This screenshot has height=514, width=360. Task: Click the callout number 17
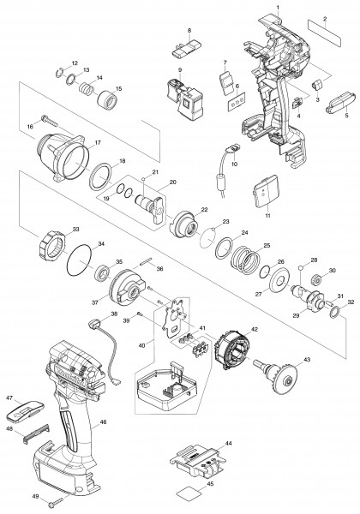pyautogui.click(x=98, y=142)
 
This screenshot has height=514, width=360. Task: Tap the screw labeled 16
pyautogui.click(x=49, y=121)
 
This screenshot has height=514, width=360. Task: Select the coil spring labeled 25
pyautogui.click(x=246, y=260)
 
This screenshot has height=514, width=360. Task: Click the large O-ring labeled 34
pyautogui.click(x=80, y=261)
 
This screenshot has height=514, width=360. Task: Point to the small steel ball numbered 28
pyautogui.click(x=300, y=269)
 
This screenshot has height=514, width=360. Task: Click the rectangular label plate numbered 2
pyautogui.click(x=325, y=33)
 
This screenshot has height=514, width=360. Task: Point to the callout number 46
pyautogui.click(x=103, y=422)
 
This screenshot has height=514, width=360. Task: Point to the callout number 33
pyautogui.click(x=76, y=229)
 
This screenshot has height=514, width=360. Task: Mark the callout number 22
pyautogui.click(x=204, y=210)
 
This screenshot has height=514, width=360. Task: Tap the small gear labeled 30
pyautogui.click(x=317, y=281)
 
